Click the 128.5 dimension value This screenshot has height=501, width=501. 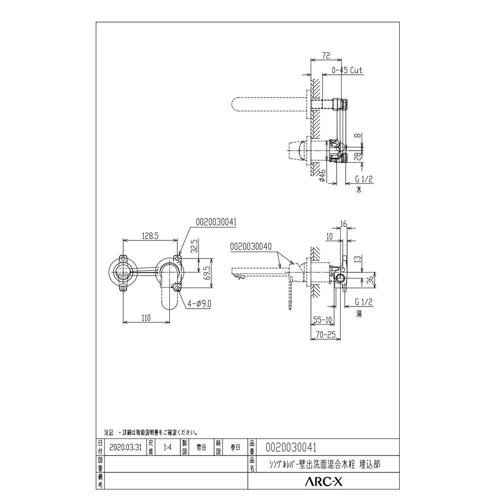point(150,236)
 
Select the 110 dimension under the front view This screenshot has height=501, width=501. point(146,318)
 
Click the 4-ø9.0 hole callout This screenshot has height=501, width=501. point(199,303)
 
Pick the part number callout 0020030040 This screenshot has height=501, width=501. point(251,246)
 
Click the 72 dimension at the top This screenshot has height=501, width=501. point(326,55)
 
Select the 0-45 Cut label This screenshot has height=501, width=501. point(347,70)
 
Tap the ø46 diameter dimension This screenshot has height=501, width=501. point(322,176)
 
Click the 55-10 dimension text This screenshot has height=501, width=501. point(322,320)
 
